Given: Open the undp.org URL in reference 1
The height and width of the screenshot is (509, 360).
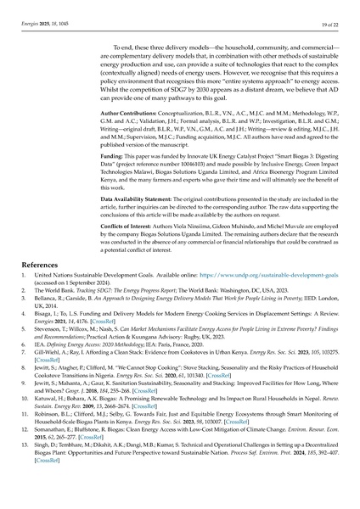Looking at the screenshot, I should click(x=279, y=301).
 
